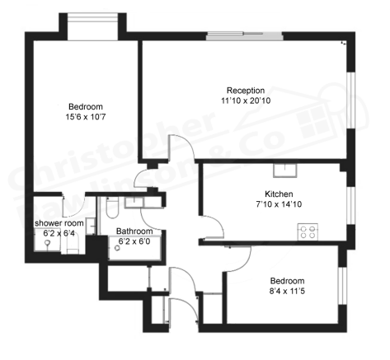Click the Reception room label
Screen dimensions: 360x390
click(x=246, y=91)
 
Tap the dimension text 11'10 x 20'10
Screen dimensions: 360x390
click(x=246, y=101)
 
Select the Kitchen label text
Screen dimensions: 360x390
click(x=269, y=194)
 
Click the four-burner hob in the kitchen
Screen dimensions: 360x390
click(x=308, y=232)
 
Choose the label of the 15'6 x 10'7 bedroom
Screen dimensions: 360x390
click(x=85, y=107)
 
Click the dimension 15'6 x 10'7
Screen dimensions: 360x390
click(x=85, y=118)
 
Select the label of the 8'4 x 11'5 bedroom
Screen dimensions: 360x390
click(x=287, y=280)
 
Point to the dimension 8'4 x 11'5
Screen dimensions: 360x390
click(x=287, y=291)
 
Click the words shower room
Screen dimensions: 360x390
click(x=59, y=223)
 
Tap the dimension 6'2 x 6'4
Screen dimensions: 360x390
click(x=59, y=234)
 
